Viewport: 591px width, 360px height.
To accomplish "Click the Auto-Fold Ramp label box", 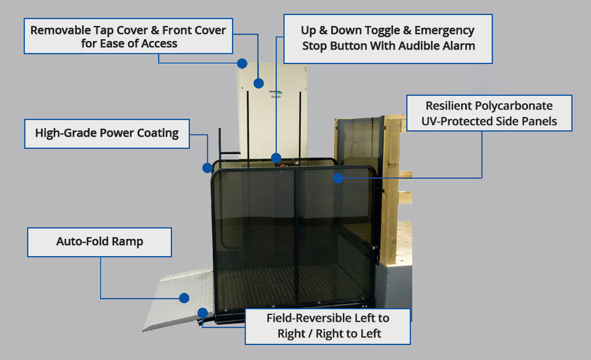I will tap(99, 242).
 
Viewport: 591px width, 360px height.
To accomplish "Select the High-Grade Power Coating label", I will tap(107, 133).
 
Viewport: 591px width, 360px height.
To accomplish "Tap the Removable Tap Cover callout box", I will tap(128, 36).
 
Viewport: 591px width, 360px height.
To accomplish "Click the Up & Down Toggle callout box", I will tap(388, 38).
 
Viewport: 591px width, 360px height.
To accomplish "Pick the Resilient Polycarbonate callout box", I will tap(489, 113).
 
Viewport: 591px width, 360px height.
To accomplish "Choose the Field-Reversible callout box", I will tap(327, 326).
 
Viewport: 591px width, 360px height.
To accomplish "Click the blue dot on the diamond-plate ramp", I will tap(184, 298).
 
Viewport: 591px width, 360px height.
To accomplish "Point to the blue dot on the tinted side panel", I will tap(338, 178).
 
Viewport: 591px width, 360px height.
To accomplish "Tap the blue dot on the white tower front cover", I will tap(259, 83).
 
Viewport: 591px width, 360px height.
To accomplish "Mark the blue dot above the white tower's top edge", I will tap(242, 63).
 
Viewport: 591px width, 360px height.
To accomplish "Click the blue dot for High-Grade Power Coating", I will tap(208, 168).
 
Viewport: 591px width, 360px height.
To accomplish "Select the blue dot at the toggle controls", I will tap(276, 157).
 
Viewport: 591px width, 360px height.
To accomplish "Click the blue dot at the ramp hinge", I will tap(203, 313).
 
